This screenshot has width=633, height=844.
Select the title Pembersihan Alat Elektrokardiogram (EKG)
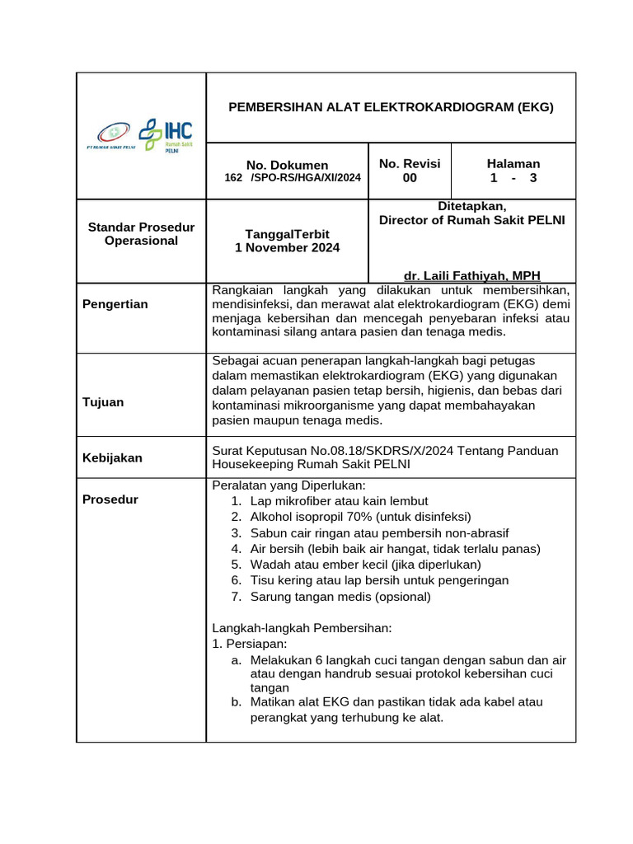pos(391,107)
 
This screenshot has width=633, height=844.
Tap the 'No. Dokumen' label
pos(287,165)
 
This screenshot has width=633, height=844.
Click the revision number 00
pos(410,178)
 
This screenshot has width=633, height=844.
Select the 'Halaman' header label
pos(513,164)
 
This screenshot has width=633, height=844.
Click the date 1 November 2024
pos(287,247)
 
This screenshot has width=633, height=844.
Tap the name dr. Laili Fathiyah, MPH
pos(472,275)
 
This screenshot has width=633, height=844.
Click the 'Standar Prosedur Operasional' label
pos(140,233)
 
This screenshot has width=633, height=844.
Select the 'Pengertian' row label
pos(115,304)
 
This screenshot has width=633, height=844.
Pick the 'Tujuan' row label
pos(103,402)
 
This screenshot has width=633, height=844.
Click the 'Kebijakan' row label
pos(113,457)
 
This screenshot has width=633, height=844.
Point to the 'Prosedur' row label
pos(110,499)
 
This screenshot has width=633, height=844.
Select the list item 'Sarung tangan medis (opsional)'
pos(340,596)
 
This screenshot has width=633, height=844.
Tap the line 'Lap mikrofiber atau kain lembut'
pos(339,501)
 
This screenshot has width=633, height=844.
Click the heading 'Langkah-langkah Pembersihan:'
pos(302,627)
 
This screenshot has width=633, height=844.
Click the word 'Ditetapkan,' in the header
pos(471,206)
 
